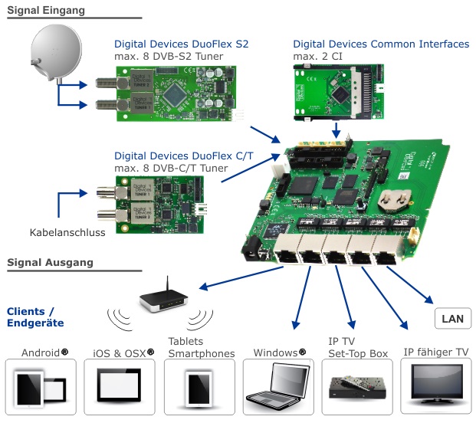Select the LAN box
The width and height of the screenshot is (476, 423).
coord(452,317)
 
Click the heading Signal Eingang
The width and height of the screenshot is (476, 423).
coord(46,10)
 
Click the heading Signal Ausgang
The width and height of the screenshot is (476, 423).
coord(50,262)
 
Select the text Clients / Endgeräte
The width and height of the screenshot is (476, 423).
coord(34,317)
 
